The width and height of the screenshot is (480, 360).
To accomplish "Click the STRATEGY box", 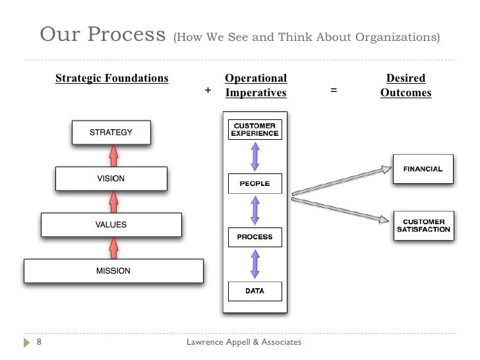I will coord(111,133).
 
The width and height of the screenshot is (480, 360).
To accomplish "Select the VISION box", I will coord(111,178).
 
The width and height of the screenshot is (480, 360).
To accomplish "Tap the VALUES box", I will coord(111,224).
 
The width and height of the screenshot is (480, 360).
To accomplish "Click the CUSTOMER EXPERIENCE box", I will coord(255,129).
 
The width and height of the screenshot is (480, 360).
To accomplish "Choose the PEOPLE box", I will coord(255,183).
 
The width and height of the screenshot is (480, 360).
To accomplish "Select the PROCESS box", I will coord(255,237).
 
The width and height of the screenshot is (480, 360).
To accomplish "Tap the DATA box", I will coord(255,290).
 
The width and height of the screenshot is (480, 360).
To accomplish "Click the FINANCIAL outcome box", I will coord(423,169).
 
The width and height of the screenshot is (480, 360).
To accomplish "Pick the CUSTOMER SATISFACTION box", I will coord(423,225).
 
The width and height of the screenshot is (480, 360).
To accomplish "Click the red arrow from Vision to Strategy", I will coord(113,155).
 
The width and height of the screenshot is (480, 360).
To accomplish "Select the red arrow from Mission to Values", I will coord(113,247).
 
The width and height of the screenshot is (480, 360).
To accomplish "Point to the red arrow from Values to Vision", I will coord(113,201).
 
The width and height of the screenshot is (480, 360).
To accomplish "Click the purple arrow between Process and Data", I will coord(255,264).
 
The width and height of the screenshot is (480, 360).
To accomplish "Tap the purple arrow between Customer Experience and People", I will coord(255,157).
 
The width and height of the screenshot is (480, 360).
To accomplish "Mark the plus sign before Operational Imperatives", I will coord(208,92).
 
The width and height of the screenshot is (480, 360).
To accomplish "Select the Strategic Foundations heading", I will coord(111,79).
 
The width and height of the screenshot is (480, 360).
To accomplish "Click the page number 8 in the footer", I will coord(39,342).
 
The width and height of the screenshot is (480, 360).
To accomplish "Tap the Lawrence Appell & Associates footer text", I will coord(244,342).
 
